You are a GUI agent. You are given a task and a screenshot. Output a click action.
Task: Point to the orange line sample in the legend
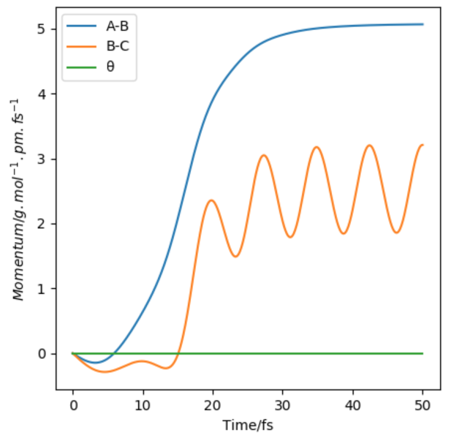82,48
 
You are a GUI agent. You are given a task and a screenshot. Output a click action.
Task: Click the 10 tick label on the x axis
143,404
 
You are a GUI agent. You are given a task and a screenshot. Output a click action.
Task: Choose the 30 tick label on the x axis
283,404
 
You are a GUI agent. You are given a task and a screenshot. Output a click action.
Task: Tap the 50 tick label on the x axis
423,404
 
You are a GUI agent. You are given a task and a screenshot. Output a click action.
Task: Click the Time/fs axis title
248,423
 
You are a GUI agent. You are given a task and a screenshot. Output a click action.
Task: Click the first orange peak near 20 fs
211,200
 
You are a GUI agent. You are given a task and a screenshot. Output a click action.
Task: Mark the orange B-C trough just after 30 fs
290,237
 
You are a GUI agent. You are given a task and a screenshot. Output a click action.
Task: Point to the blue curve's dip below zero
94,362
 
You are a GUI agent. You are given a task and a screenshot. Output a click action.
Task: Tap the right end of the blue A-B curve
423,24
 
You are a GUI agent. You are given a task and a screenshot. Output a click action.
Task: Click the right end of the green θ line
423,353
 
